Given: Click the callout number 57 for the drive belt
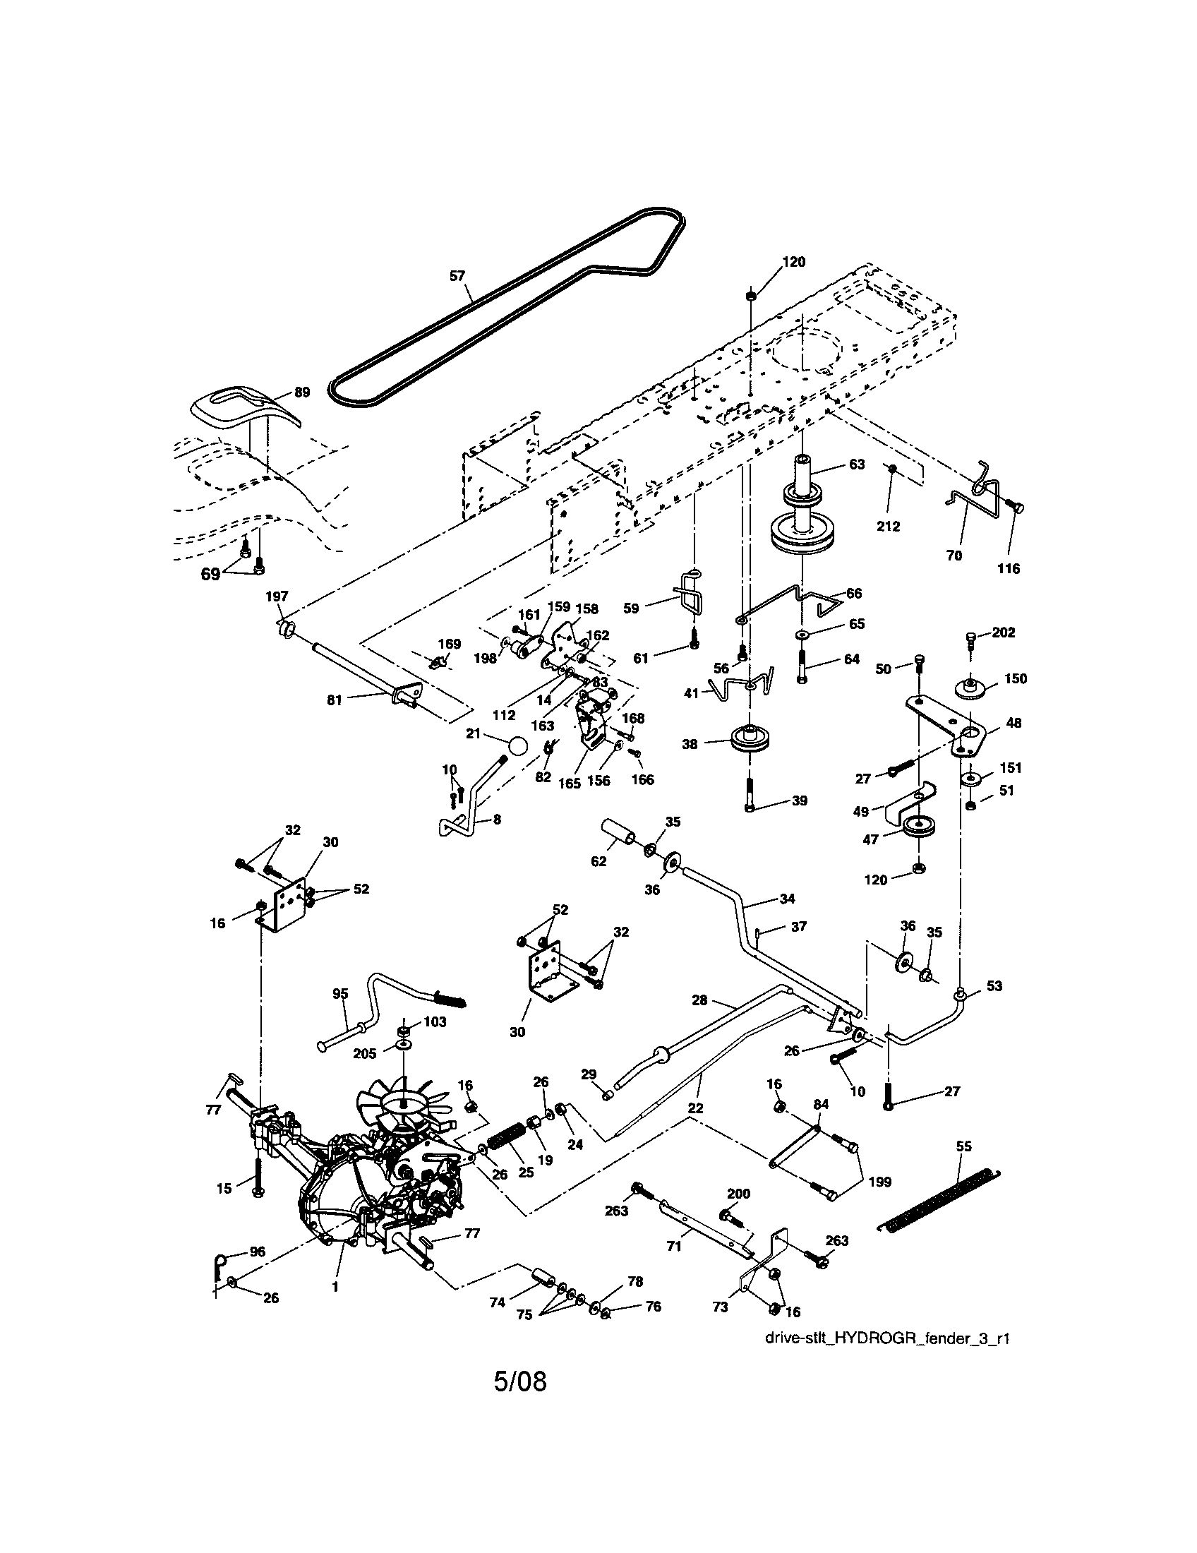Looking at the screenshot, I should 457,275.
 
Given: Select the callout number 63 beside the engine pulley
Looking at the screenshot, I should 857,464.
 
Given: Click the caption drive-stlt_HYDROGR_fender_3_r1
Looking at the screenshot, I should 887,1338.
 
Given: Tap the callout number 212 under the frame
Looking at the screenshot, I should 888,526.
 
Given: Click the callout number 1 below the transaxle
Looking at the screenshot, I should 335,1286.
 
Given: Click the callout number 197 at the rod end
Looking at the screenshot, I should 277,596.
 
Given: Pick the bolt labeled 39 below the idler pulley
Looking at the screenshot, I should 750,793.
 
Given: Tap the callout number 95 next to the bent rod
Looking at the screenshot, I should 340,993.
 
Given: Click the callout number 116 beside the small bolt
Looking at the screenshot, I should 1008,568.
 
